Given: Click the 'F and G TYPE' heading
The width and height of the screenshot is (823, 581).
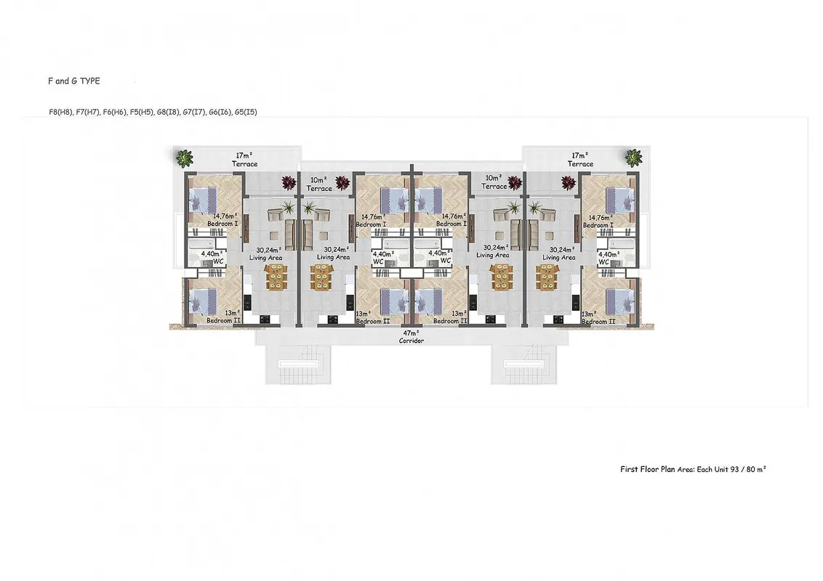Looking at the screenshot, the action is tap(73, 81).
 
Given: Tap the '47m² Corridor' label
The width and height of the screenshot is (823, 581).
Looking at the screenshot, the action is tap(411, 337).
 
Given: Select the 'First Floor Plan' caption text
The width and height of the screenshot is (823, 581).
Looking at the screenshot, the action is tap(647, 469).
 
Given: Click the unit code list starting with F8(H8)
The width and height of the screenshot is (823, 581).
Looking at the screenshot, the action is tap(153, 112).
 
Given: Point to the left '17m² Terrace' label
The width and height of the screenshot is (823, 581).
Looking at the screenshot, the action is tap(244, 159).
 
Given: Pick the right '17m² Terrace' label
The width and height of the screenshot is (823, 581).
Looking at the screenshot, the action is tap(580, 159).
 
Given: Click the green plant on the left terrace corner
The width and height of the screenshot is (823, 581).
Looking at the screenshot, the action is tap(184, 158).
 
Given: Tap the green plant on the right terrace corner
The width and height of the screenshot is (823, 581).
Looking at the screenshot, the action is tap(633, 157).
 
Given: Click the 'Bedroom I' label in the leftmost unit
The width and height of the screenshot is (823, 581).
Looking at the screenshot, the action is tap(222, 224).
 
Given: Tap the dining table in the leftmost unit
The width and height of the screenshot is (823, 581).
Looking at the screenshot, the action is tap(276, 277).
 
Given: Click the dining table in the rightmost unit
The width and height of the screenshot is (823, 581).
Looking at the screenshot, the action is tap(547, 277).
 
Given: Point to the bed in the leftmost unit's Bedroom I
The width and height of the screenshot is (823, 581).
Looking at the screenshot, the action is tap(203, 200).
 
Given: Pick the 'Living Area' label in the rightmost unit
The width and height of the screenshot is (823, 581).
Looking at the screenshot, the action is tap(558, 258).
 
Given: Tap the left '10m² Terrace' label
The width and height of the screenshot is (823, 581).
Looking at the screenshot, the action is tap(319, 184).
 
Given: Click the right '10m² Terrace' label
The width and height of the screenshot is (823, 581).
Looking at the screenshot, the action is tap(494, 182).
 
